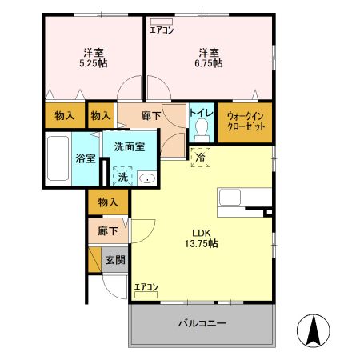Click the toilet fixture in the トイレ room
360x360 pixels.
(x=202, y=130)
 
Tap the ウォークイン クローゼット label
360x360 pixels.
(x=244, y=122)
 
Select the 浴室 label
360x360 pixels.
(x=84, y=158)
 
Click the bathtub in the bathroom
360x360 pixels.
(x=58, y=161)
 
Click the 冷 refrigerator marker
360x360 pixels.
(x=200, y=158)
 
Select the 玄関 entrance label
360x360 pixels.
(x=114, y=260)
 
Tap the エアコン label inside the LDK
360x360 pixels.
(x=146, y=287)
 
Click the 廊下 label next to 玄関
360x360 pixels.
(x=108, y=232)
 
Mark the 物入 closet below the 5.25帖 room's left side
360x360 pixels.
(x=65, y=116)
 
